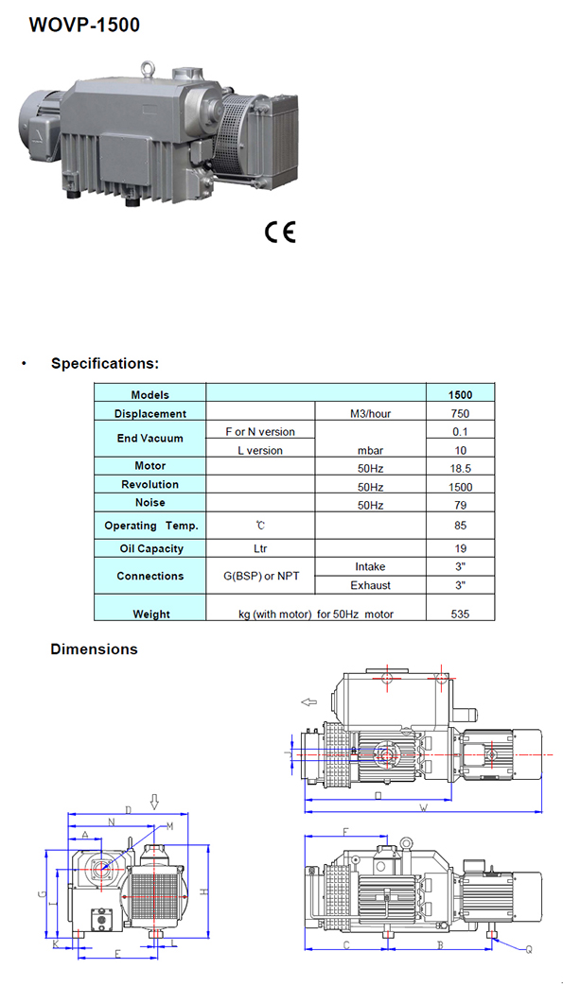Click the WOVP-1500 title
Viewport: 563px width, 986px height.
[x=84, y=26]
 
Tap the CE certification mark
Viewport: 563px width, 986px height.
[x=280, y=232]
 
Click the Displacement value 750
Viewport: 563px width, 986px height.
[x=461, y=414]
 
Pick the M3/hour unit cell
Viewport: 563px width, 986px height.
[x=370, y=414]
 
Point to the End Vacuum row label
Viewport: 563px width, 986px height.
[x=150, y=439]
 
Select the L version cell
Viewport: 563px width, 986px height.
[x=260, y=450]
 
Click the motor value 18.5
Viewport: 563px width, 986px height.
[x=461, y=469]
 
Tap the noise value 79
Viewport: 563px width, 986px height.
[x=461, y=505]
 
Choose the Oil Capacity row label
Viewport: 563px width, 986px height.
[x=151, y=548]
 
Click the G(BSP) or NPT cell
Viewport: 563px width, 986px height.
[x=260, y=576]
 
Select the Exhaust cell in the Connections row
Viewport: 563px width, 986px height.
[x=370, y=585]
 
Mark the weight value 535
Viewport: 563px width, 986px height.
[x=461, y=614]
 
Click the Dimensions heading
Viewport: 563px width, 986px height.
[x=94, y=649]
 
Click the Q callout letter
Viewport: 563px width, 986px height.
[x=529, y=951]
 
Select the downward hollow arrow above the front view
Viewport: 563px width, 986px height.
[x=154, y=801]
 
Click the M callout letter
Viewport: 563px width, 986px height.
[x=169, y=826]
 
